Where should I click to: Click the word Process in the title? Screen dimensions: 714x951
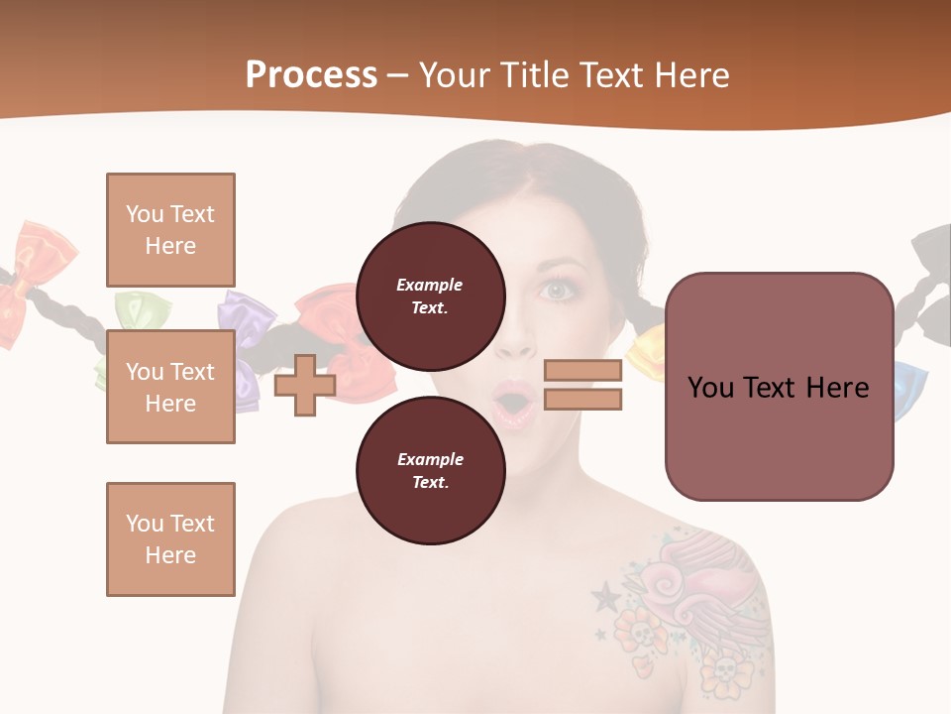pos(311,75)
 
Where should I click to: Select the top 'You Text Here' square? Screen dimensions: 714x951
pos(170,230)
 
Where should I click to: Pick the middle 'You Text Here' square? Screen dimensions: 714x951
pos(170,387)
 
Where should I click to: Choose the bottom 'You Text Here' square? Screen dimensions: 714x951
pos(170,538)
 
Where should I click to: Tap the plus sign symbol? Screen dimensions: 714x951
pos(304,386)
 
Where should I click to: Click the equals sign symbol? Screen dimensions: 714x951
pos(582,385)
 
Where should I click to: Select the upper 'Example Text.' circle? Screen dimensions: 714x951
pos(430,296)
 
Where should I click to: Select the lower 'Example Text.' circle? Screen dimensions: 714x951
pos(430,470)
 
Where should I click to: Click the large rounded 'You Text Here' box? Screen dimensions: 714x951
pos(779,386)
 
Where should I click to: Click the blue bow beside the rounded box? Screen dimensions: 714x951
pos(909,389)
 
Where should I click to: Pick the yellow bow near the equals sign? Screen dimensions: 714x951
pos(648,349)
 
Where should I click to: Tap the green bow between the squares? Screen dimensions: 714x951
pos(134,309)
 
